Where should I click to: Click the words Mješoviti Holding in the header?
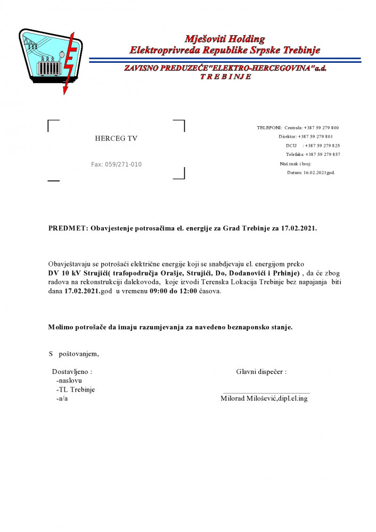point(224,39)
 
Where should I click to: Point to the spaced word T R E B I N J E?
point(225,77)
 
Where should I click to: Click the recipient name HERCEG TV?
point(116,139)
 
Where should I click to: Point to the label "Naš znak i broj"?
point(296,163)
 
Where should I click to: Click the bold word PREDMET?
point(68,228)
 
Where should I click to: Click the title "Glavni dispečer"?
point(261,371)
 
